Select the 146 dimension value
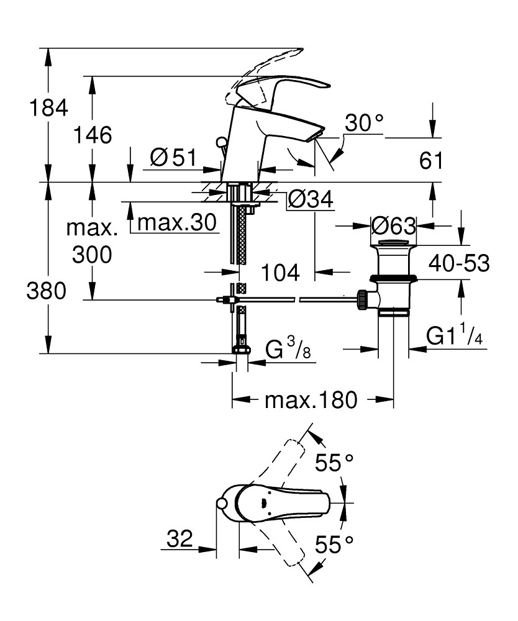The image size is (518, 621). pos(93,134)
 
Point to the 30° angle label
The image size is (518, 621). pos(365,123)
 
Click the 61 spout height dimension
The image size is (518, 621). pos(431,161)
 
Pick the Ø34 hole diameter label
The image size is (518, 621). pos(311,200)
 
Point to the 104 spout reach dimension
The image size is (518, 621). pos(279,271)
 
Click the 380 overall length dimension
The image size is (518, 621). pos(46,291)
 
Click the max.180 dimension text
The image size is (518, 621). pos(311,400)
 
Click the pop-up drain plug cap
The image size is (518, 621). pos(394,242)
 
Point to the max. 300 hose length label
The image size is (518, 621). pos(93,242)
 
